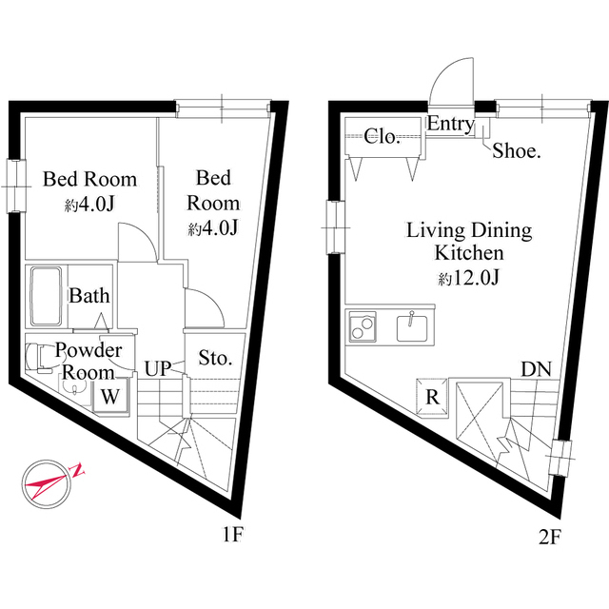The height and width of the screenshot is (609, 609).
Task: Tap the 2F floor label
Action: [x=549, y=536]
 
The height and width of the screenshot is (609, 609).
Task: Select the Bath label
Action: [x=88, y=296]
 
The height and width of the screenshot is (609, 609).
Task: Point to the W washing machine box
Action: [x=110, y=395]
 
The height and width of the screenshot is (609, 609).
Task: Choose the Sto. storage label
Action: [x=215, y=359]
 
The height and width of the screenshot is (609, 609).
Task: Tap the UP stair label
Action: [x=158, y=367]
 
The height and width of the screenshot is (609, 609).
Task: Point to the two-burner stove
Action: [x=363, y=326]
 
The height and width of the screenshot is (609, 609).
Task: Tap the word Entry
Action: [x=451, y=125]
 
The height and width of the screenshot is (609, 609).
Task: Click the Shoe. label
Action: [x=517, y=150]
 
